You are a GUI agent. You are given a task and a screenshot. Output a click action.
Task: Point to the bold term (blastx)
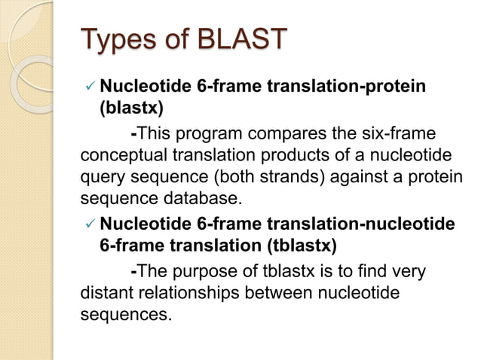click(132, 108)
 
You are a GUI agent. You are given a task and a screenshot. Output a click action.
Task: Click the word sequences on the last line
click(124, 313)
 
